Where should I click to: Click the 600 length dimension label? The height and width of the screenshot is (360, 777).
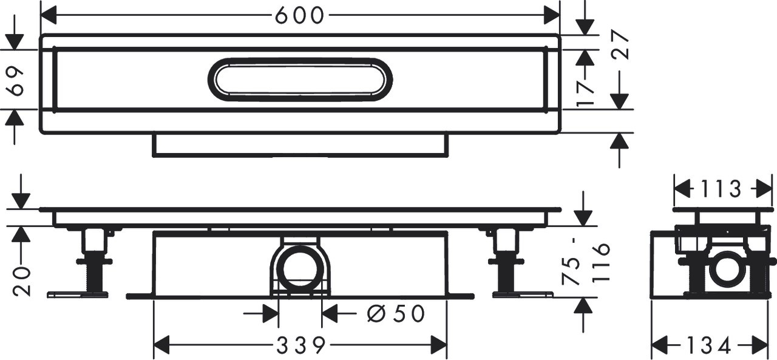(300, 15)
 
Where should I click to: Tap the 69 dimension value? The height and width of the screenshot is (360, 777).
(16, 81)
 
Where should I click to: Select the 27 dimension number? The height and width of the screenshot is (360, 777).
(620, 44)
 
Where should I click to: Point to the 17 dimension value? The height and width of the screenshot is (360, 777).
(586, 93)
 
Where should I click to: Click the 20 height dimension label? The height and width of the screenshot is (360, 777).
(21, 282)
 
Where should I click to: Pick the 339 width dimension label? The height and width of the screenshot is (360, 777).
(300, 345)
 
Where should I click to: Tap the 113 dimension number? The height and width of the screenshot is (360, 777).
(721, 189)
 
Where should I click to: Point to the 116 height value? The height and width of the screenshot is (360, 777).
(601, 263)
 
